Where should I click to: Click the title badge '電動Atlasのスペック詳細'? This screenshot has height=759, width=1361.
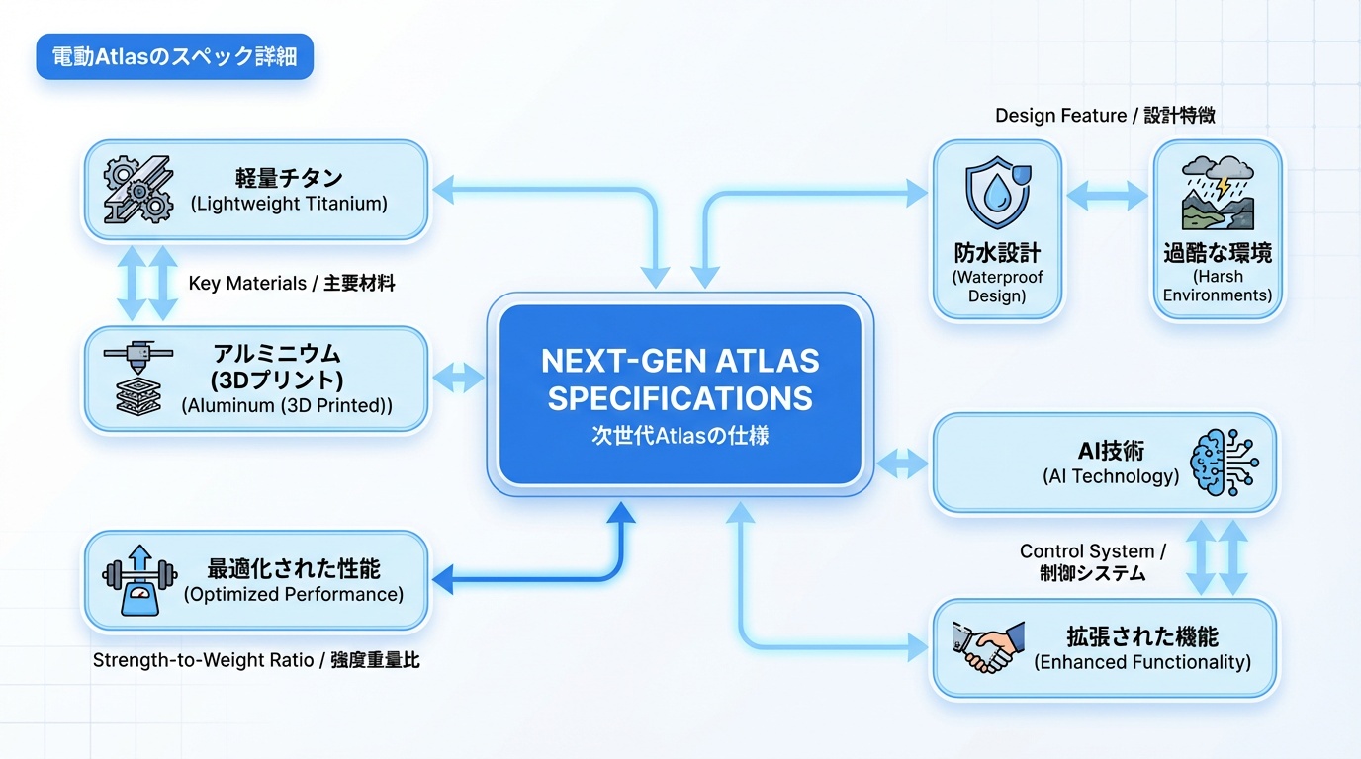(174, 57)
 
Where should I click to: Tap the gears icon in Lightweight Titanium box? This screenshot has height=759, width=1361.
(138, 191)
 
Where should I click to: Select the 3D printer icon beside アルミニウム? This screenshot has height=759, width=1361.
(137, 379)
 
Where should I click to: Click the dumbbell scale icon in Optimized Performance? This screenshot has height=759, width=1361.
(138, 581)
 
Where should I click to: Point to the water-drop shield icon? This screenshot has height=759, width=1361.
(997, 196)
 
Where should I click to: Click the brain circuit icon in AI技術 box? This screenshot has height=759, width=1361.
(1224, 464)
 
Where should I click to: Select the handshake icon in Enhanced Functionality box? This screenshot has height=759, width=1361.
(982, 648)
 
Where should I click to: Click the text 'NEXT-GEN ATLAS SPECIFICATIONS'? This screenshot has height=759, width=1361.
(680, 379)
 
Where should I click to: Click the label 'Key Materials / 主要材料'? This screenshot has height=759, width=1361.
(292, 284)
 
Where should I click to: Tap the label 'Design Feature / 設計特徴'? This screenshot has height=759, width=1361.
(1105, 116)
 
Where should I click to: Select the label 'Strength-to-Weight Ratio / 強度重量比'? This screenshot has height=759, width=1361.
(256, 660)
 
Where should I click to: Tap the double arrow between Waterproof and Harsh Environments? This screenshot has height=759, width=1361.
(1108, 194)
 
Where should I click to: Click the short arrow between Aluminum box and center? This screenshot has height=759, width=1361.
(459, 377)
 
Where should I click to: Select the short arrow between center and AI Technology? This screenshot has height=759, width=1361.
(901, 463)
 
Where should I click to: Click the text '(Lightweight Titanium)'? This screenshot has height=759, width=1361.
(289, 205)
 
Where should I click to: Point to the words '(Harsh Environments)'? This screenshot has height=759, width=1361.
(1218, 286)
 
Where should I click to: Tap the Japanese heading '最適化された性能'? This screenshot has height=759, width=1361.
(294, 569)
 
